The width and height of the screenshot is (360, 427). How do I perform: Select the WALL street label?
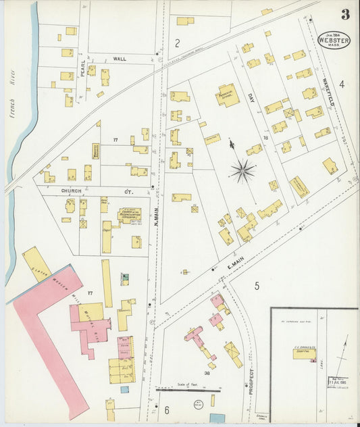point(120,59)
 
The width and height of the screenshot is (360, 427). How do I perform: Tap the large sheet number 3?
point(345,15)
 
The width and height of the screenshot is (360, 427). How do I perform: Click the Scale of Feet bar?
point(188,389)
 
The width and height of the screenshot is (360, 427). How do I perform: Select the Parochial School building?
point(227,95)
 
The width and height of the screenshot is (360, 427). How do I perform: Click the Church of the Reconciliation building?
point(130,216)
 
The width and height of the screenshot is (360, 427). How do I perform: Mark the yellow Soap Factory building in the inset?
point(304,353)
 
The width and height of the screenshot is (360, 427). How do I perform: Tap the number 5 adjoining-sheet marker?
point(257,286)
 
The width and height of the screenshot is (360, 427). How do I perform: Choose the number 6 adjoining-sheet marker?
point(165,410)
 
